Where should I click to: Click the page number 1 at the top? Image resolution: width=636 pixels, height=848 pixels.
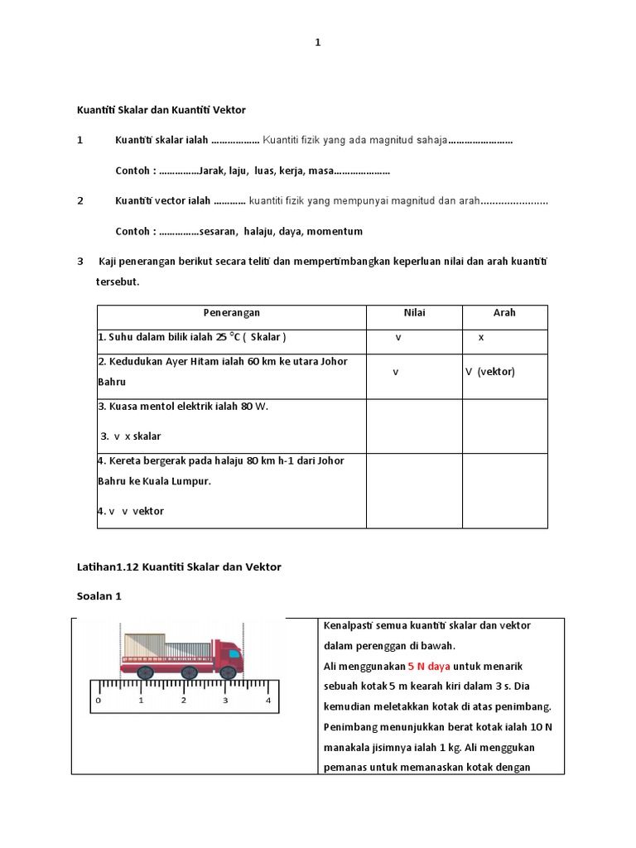coord(317,44)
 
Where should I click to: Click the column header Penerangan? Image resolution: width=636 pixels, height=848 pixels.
coord(232,313)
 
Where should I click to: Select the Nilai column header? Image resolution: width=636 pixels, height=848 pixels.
coord(414,313)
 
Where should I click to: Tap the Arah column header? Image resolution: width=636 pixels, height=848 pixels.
coord(504,313)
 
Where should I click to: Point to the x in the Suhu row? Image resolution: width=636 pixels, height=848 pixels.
coord(481,338)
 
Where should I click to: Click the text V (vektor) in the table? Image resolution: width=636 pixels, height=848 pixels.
coord(490,372)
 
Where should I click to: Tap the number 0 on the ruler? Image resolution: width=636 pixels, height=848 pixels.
coord(99,701)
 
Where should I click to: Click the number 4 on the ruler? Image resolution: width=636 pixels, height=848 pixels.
coord(267,701)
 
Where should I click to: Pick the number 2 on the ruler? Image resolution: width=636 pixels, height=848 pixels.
coord(183,701)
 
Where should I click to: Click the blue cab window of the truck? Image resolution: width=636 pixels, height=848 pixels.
coord(234,653)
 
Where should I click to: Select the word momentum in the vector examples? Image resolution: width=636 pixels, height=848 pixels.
coord(335,231)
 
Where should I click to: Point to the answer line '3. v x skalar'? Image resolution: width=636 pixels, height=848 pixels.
coord(130,436)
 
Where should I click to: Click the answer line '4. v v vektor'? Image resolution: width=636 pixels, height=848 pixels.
coord(131,511)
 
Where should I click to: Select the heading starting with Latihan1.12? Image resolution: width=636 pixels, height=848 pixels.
coord(179,567)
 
